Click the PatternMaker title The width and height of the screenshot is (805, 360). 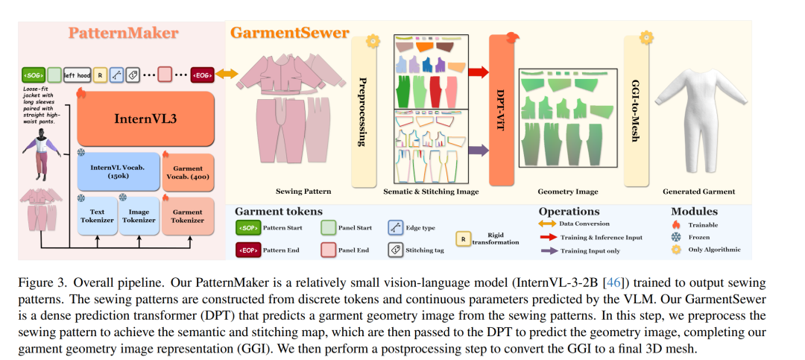pyautogui.click(x=124, y=33)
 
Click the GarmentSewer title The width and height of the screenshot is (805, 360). pyautogui.click(x=289, y=33)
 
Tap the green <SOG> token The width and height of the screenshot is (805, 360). pyautogui.click(x=34, y=75)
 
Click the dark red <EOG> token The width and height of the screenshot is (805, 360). pyautogui.click(x=203, y=75)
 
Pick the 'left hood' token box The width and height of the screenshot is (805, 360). pyautogui.click(x=78, y=75)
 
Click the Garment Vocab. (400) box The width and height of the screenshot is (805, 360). pyautogui.click(x=187, y=172)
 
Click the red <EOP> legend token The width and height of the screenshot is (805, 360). pyautogui.click(x=249, y=250)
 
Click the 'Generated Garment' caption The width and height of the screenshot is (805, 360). pyautogui.click(x=698, y=192)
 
